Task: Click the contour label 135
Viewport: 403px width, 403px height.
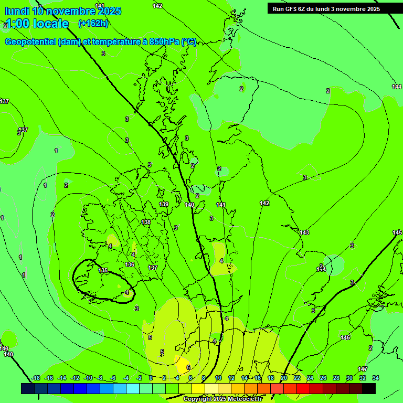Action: coord(103,270)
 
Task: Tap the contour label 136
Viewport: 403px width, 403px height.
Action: coord(130,264)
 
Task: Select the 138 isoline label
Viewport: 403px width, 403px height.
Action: coord(146,222)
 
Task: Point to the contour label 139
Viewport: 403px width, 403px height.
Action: coord(164,204)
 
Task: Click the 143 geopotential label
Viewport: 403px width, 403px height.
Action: coord(304,232)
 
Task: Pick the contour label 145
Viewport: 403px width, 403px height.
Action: coord(397,232)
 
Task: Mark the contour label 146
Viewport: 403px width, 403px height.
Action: coord(345,337)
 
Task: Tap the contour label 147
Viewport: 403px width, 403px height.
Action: coord(363,369)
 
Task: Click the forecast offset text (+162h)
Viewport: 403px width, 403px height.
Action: coord(93,23)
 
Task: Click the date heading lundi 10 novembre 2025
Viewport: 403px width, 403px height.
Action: coord(63,10)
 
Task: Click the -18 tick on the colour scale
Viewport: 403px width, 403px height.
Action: coord(36,378)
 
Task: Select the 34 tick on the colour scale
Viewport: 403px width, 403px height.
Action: coord(376,378)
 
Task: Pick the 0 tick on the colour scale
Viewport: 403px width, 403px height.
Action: coord(151,378)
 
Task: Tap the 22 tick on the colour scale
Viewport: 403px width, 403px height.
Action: coord(297,378)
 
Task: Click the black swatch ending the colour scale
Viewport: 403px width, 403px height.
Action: coord(369,388)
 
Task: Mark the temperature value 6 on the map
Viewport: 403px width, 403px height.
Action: coord(188,367)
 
